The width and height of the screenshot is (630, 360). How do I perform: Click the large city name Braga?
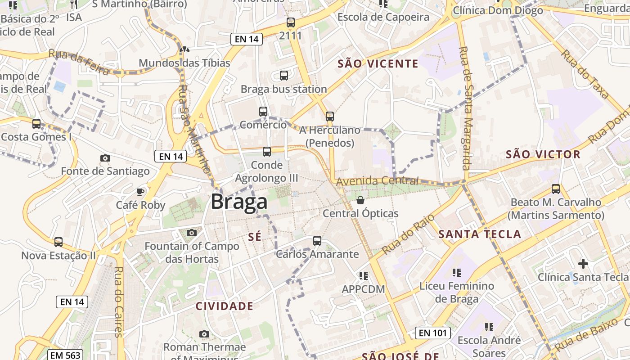pyautogui.click(x=239, y=202)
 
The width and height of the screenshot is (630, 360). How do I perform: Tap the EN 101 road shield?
pyautogui.click(x=432, y=333)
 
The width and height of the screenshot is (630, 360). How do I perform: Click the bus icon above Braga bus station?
pyautogui.click(x=284, y=76)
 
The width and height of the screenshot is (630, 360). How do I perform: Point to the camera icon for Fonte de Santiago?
pyautogui.click(x=105, y=158)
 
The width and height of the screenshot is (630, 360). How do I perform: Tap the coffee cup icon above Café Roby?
pyautogui.click(x=140, y=192)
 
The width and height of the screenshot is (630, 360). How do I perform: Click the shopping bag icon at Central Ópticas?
pyautogui.click(x=360, y=200)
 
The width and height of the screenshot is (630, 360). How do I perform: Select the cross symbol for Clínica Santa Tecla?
pyautogui.click(x=583, y=263)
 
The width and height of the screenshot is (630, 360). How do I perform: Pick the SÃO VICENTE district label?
pyautogui.click(x=378, y=64)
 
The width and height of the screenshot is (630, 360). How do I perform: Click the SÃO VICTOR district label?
pyautogui.click(x=543, y=155)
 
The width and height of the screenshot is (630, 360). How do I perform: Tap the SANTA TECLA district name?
pyautogui.click(x=480, y=234)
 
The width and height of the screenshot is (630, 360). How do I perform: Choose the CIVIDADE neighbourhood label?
pyautogui.click(x=225, y=306)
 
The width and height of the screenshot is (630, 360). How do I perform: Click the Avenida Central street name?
pyautogui.click(x=377, y=181)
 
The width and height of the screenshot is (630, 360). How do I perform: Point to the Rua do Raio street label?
pyautogui.click(x=408, y=234)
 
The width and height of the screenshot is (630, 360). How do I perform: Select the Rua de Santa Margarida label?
pyautogui.click(x=465, y=108)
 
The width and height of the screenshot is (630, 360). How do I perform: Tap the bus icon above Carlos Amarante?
pyautogui.click(x=317, y=241)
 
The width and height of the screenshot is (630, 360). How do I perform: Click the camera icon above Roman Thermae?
pyautogui.click(x=204, y=334)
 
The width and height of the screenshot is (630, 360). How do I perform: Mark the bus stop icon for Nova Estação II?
pyautogui.click(x=58, y=242)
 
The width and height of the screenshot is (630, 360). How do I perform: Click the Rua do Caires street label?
pyautogui.click(x=119, y=301)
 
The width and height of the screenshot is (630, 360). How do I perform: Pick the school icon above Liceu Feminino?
pyautogui.click(x=457, y=272)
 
